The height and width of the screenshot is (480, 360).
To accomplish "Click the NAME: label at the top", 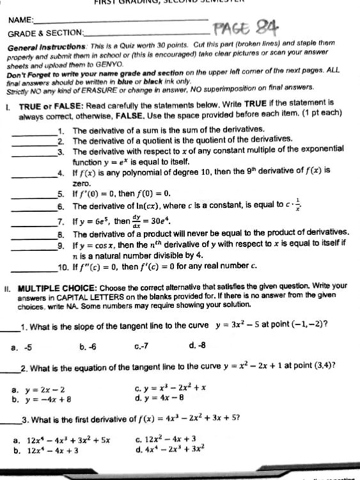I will (21, 20).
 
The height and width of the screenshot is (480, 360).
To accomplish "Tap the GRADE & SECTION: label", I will (45, 32).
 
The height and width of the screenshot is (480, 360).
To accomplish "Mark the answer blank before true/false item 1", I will (35, 132).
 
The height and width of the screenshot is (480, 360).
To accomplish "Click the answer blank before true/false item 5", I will (35, 196).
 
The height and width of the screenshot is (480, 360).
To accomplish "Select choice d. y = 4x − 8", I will (163, 398).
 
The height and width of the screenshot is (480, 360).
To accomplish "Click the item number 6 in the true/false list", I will (61, 207).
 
